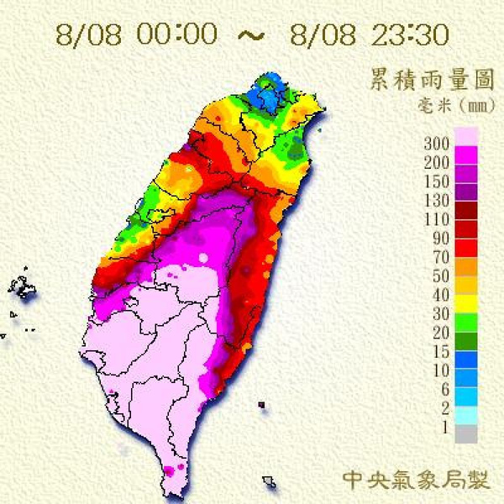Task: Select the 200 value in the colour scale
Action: click(438, 160)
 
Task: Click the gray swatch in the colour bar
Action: click(466, 433)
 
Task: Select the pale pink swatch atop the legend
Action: click(466, 136)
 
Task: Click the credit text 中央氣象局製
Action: click(416, 479)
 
